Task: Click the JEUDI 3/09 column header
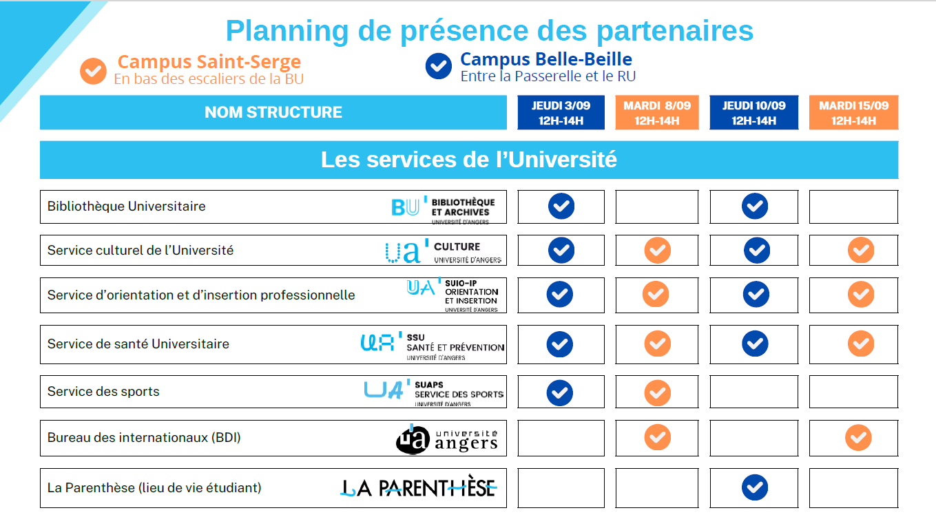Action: tap(561, 112)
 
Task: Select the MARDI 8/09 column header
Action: tap(657, 112)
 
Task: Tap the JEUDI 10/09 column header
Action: tap(753, 112)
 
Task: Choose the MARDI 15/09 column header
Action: tap(853, 112)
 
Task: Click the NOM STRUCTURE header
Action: tap(273, 112)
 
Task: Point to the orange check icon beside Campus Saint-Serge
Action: tap(93, 71)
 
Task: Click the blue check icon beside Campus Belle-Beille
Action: tap(438, 66)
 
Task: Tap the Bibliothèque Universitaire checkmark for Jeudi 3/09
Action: tap(561, 206)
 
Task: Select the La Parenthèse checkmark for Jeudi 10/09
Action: tap(755, 487)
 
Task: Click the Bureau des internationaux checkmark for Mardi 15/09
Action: tap(858, 438)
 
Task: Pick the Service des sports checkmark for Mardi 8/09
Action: tap(657, 393)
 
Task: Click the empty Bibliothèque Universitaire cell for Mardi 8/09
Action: tap(657, 207)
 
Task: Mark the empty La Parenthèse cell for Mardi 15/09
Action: tap(853, 488)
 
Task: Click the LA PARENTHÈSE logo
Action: tap(419, 487)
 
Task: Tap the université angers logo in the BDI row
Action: tap(447, 439)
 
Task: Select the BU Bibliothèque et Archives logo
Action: tap(443, 210)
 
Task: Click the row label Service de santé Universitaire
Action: tap(138, 344)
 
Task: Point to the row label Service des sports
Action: tap(103, 391)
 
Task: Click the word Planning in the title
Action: tap(287, 32)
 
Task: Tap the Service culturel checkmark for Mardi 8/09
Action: tap(657, 251)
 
